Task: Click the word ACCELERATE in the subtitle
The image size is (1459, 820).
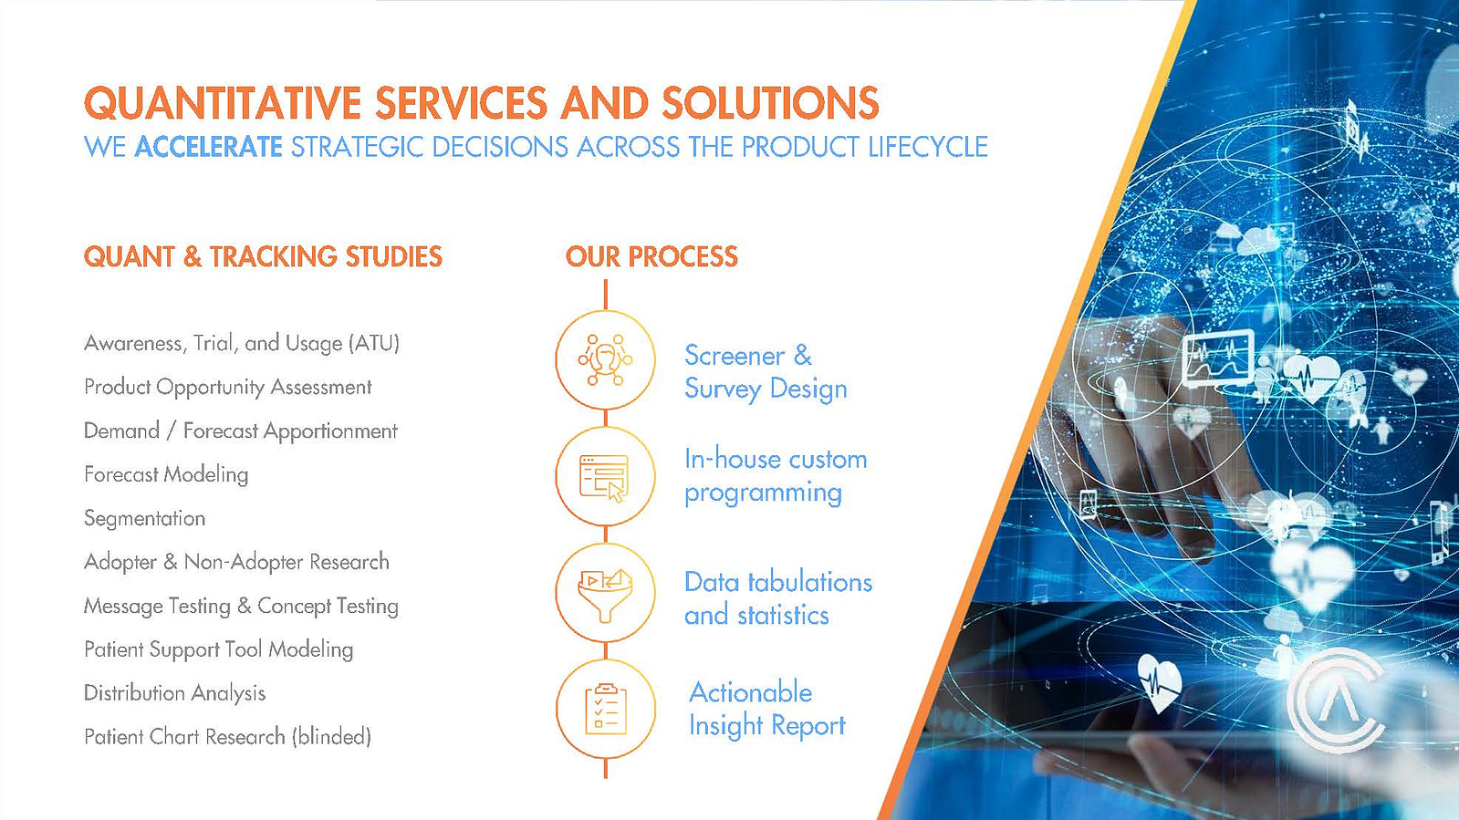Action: (x=208, y=147)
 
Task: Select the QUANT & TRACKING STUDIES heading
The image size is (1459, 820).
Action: (x=263, y=256)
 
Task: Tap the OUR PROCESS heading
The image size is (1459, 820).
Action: (x=652, y=256)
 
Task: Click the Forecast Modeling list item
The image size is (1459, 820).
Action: (x=166, y=475)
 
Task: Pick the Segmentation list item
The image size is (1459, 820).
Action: (x=144, y=518)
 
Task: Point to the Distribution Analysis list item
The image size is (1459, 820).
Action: (x=174, y=693)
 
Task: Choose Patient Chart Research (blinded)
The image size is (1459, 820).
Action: (x=227, y=737)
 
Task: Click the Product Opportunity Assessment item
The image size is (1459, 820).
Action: (x=227, y=387)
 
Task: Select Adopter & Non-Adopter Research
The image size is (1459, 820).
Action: (x=236, y=562)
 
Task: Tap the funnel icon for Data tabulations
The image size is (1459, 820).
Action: (x=605, y=594)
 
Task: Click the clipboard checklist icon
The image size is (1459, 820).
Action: (x=606, y=709)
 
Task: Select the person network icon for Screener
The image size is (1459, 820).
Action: (x=605, y=359)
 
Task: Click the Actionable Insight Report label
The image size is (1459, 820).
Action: (x=766, y=710)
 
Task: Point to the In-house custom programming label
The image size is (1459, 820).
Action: (x=776, y=476)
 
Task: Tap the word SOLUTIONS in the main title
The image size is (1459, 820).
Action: (x=770, y=103)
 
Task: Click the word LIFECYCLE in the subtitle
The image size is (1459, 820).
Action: (x=928, y=147)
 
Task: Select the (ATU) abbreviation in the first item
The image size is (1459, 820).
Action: (x=374, y=343)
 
